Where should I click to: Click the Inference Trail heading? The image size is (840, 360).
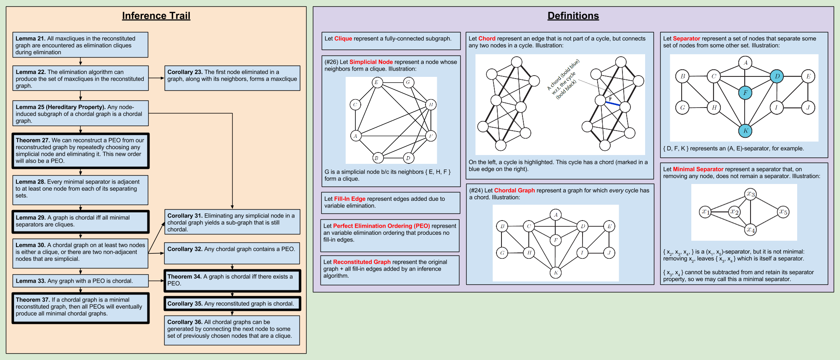156,16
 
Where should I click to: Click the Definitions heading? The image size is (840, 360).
573,16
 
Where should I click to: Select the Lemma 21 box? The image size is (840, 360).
80,45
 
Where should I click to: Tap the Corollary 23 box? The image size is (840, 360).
232,78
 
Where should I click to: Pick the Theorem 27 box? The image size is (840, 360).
80,151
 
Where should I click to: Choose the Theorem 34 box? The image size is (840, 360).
232,281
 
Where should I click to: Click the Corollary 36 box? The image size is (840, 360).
232,330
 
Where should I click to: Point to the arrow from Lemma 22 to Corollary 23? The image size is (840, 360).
156,78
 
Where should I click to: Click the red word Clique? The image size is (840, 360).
343,39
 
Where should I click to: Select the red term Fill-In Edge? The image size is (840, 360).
350,199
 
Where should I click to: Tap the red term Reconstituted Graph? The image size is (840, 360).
362,262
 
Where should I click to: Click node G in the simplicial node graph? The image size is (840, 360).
408,82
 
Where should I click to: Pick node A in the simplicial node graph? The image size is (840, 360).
356,136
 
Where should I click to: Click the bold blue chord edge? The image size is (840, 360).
613,103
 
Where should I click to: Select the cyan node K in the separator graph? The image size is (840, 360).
745,131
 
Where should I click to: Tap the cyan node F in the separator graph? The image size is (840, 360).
745,93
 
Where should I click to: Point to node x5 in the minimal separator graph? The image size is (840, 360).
783,212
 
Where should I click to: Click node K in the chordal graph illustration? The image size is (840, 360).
556,273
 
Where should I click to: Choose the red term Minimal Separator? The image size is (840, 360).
698,169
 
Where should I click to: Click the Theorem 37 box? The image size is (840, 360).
80,308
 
